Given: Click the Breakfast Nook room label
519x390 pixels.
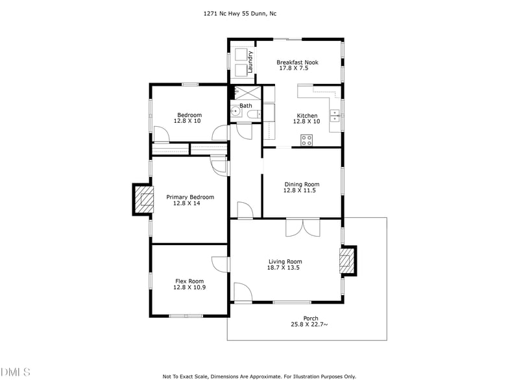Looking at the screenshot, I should (297, 62).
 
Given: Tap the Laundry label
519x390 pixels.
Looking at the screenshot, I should (249, 60).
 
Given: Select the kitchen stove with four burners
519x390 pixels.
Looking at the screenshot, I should (306, 139).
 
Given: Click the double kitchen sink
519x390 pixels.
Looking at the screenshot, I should (335, 116).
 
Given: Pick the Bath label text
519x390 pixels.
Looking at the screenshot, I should (246, 105).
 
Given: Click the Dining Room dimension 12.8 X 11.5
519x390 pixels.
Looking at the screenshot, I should (301, 190).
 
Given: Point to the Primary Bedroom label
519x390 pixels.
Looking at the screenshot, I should (190, 197).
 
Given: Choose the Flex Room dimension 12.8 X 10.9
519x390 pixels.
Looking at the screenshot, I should (189, 287).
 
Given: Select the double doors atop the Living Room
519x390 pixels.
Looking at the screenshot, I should (302, 227).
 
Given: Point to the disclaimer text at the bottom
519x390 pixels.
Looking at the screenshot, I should (259, 376).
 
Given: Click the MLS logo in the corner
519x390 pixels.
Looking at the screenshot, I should (16, 372).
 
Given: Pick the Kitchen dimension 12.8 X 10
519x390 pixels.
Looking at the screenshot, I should (307, 122).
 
